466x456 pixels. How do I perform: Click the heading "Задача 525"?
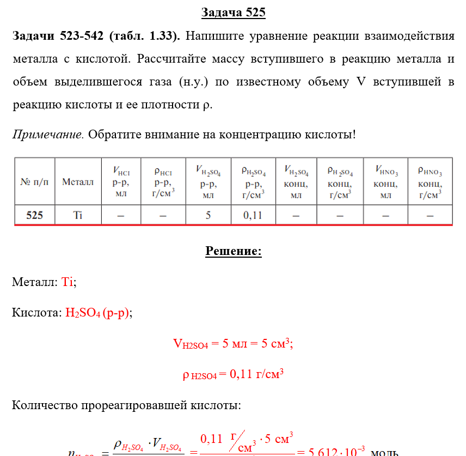pyautogui.click(x=233, y=13)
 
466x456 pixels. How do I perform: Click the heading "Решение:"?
pyautogui.click(x=233, y=251)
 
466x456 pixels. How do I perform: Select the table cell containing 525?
pyautogui.click(x=34, y=215)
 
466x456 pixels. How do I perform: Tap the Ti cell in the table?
pyautogui.click(x=78, y=215)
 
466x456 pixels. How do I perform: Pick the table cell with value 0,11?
pyautogui.click(x=253, y=215)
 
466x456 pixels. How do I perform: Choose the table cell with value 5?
pyautogui.click(x=207, y=215)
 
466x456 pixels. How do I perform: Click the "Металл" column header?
pyautogui.click(x=78, y=181)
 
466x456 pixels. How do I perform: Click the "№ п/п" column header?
pyautogui.click(x=34, y=181)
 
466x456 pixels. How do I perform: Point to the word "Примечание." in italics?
pyautogui.click(x=48, y=134)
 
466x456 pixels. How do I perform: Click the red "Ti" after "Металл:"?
pyautogui.click(x=68, y=282)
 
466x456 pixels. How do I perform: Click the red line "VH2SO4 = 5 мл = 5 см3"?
pyautogui.click(x=233, y=344)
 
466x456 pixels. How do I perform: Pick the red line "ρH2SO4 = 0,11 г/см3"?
pyautogui.click(x=233, y=375)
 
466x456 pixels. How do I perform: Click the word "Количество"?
pyautogui.click(x=45, y=405)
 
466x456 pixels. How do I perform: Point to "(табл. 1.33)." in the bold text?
pyautogui.click(x=145, y=37)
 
